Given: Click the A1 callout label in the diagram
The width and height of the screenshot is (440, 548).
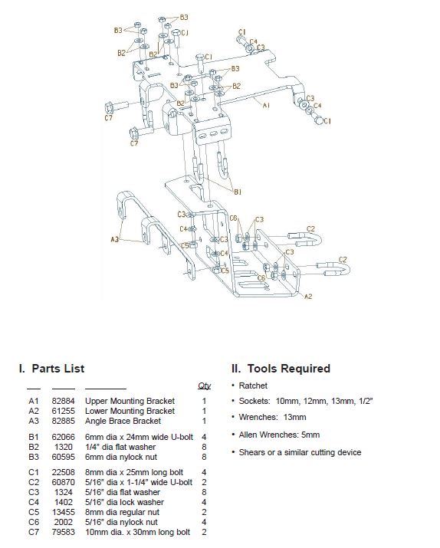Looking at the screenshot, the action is coord(266,105).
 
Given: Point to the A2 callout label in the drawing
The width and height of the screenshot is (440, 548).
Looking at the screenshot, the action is coord(308,297).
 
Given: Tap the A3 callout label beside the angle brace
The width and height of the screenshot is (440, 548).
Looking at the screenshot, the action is coord(115,239).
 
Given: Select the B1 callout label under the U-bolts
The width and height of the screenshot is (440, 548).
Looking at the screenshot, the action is coord(238,192).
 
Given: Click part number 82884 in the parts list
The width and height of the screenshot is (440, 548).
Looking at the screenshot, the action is coord(64,401).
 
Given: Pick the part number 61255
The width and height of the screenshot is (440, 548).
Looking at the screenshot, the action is coord(64,411).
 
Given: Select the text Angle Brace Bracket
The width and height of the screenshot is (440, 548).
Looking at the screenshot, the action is coord(123,421).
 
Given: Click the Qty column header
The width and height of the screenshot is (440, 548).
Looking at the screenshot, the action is coord(204,386).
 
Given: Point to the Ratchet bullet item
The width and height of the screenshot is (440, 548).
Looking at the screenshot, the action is coord(253,386).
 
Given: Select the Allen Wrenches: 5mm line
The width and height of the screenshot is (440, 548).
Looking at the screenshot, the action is coord(279,435).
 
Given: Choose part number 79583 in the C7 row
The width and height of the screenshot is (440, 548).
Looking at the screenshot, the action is coord(64,532).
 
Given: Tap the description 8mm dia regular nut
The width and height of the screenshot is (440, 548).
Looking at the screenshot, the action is coord(123,512).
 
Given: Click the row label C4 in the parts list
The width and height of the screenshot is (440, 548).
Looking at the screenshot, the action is coord(34,502).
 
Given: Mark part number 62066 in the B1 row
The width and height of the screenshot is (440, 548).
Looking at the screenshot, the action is coord(64,437).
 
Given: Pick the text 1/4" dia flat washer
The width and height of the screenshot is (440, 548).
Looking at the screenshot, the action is coord(120,447).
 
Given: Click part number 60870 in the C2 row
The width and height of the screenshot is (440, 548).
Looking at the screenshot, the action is coord(64,482).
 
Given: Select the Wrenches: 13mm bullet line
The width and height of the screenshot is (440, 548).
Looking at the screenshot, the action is coord(273,417).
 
